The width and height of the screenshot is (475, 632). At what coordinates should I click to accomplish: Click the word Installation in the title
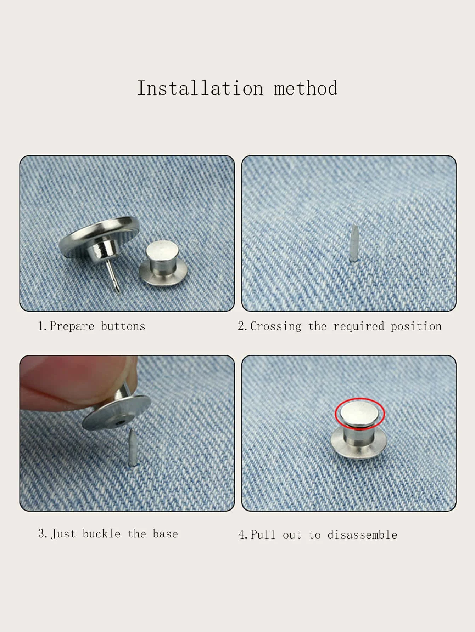point(200,88)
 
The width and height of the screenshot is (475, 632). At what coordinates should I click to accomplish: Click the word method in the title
point(306,88)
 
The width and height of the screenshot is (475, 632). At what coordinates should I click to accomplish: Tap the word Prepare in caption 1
point(72,326)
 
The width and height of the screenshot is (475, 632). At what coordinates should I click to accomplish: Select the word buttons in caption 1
point(123,326)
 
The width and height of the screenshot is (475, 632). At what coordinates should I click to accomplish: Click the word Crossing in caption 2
point(276,326)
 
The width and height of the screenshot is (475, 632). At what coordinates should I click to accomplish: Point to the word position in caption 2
point(416,326)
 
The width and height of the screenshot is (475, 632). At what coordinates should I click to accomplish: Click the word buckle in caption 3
point(101,534)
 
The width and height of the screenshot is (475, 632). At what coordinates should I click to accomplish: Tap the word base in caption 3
point(165,534)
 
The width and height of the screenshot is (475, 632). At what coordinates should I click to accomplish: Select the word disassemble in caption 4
point(362,535)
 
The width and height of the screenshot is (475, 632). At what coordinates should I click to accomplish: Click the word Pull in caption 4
point(263,535)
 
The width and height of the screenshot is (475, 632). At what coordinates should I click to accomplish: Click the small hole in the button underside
point(121,422)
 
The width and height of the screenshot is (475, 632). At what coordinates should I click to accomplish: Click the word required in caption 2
point(359,326)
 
